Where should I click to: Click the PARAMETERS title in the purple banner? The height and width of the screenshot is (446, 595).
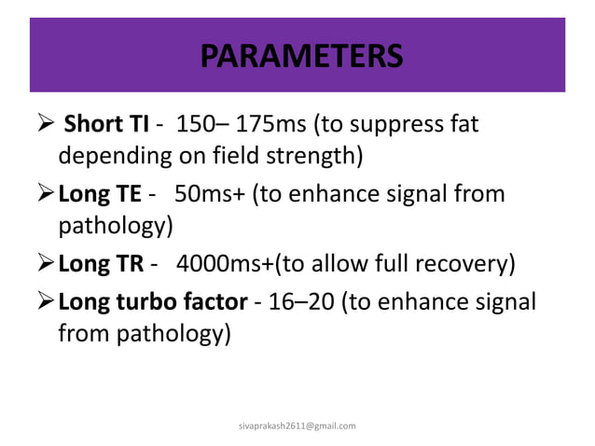point(301,55)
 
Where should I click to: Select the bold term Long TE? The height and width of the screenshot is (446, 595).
point(99,195)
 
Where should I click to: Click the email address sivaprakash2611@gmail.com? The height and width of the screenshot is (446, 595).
point(297,425)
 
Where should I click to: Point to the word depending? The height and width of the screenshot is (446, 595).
point(110,154)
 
